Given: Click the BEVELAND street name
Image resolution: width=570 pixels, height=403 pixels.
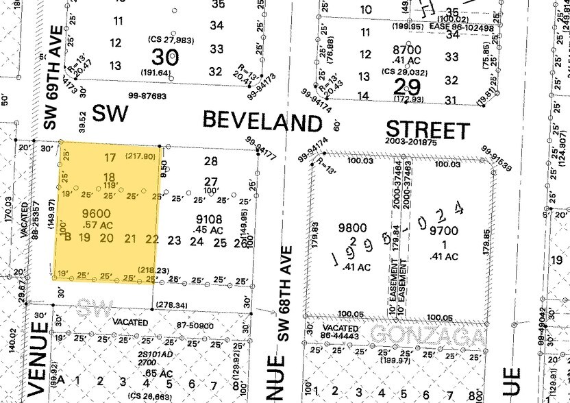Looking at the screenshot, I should [x=262, y=123].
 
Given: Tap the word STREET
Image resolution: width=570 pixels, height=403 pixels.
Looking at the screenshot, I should [x=428, y=130].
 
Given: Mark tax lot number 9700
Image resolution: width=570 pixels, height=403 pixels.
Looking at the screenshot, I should [x=442, y=232].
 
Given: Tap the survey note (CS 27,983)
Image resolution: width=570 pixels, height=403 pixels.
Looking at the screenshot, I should [x=171, y=40].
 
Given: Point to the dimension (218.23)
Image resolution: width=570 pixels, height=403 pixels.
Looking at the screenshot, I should [x=153, y=271].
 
